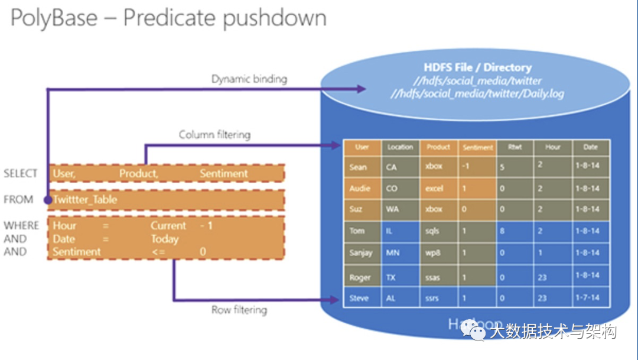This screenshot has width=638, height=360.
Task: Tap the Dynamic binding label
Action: coord(249,79)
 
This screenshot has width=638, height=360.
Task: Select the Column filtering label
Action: coord(214,135)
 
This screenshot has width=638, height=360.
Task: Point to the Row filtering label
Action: coord(239,310)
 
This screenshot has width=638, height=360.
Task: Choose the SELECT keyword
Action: coord(20,173)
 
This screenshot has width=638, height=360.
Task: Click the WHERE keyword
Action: coord(21,225)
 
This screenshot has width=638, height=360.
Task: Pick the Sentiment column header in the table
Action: coord(477,148)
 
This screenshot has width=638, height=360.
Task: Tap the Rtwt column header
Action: coord(515,147)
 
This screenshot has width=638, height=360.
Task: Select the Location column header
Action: coord(400,147)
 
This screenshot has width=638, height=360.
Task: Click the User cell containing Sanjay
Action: coord(362,253)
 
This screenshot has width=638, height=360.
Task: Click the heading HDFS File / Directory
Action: coord(477,67)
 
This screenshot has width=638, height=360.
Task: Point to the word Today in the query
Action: coord(164,239)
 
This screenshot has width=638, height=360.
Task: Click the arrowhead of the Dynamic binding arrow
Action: coord(362,89)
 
